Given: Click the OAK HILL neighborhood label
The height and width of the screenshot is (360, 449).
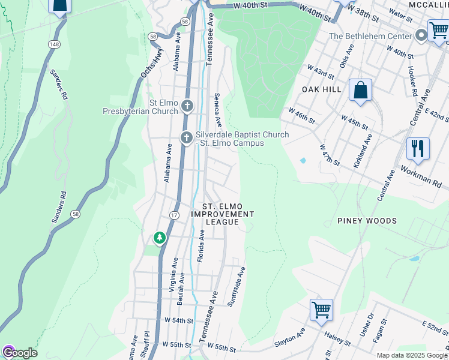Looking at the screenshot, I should [321, 89].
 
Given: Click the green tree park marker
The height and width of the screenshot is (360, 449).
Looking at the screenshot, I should [159, 238].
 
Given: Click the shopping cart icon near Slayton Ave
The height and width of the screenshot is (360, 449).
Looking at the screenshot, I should [321, 310].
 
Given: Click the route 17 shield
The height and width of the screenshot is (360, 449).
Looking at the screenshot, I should [174, 215].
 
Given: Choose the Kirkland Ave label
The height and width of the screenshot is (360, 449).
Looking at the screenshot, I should [363, 151].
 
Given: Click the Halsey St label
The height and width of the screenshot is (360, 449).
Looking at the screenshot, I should [337, 337].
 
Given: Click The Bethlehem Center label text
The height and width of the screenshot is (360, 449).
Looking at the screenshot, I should [370, 36].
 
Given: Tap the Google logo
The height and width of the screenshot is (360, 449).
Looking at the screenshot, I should [19, 352].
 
